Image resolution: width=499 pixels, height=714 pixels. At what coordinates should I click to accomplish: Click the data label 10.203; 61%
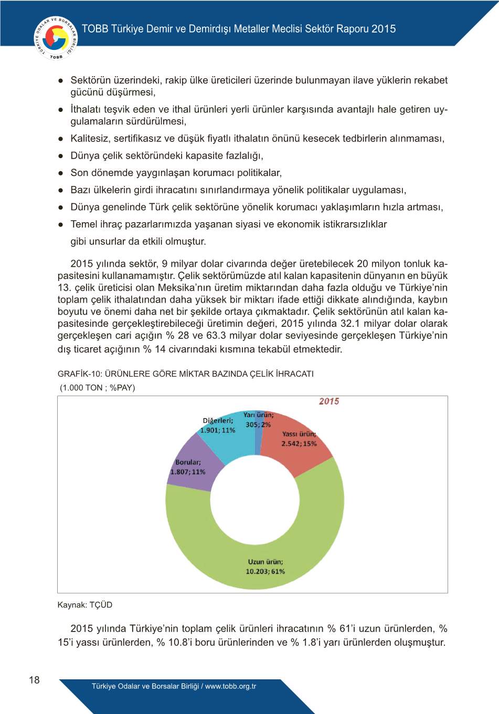tap(265, 572)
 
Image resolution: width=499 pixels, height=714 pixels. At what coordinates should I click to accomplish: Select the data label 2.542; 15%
tap(299, 443)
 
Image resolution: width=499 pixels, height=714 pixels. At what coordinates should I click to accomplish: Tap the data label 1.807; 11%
tap(187, 472)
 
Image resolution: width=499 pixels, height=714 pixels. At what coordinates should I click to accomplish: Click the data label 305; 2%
tap(258, 425)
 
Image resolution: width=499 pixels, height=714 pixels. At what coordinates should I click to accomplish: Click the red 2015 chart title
tap(329, 401)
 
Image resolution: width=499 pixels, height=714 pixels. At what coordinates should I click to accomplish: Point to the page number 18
tap(34, 680)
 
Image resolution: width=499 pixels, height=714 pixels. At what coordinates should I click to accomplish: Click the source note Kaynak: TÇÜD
tap(84, 605)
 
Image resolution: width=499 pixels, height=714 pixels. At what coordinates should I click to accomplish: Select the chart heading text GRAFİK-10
tap(79, 374)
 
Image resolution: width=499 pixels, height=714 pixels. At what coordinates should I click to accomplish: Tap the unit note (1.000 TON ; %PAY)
tap(98, 388)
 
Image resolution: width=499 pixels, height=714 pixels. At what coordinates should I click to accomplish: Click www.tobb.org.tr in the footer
tap(230, 686)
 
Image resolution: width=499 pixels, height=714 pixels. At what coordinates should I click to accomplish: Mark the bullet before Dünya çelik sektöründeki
tap(61, 156)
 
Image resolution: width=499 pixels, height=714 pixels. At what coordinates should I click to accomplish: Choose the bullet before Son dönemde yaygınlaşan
tap(61, 173)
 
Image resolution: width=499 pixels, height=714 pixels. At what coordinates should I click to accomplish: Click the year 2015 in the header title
tap(384, 29)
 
